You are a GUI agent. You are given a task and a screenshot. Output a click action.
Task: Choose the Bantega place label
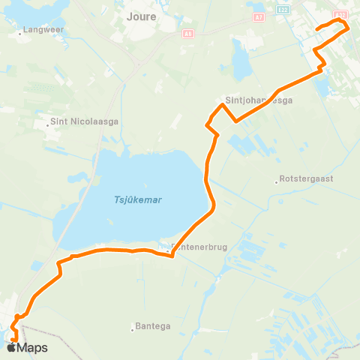pyautogui.click(x=155, y=326)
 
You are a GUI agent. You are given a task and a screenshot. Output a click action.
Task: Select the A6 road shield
pyautogui.click(x=187, y=33)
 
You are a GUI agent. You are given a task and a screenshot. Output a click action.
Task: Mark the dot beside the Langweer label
pyautogui.click(x=20, y=33)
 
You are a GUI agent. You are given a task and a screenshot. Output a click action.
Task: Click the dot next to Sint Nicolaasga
pyautogui.click(x=46, y=125)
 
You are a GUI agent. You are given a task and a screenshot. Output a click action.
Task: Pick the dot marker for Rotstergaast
pyautogui.click(x=276, y=180)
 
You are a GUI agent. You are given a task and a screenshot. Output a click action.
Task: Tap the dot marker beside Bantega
pyautogui.click(x=133, y=327)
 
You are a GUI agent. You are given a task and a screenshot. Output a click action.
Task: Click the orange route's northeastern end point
pyautogui.click(x=317, y=29)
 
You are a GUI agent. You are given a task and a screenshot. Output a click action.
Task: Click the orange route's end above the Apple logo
pyautogui.click(x=14, y=341)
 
